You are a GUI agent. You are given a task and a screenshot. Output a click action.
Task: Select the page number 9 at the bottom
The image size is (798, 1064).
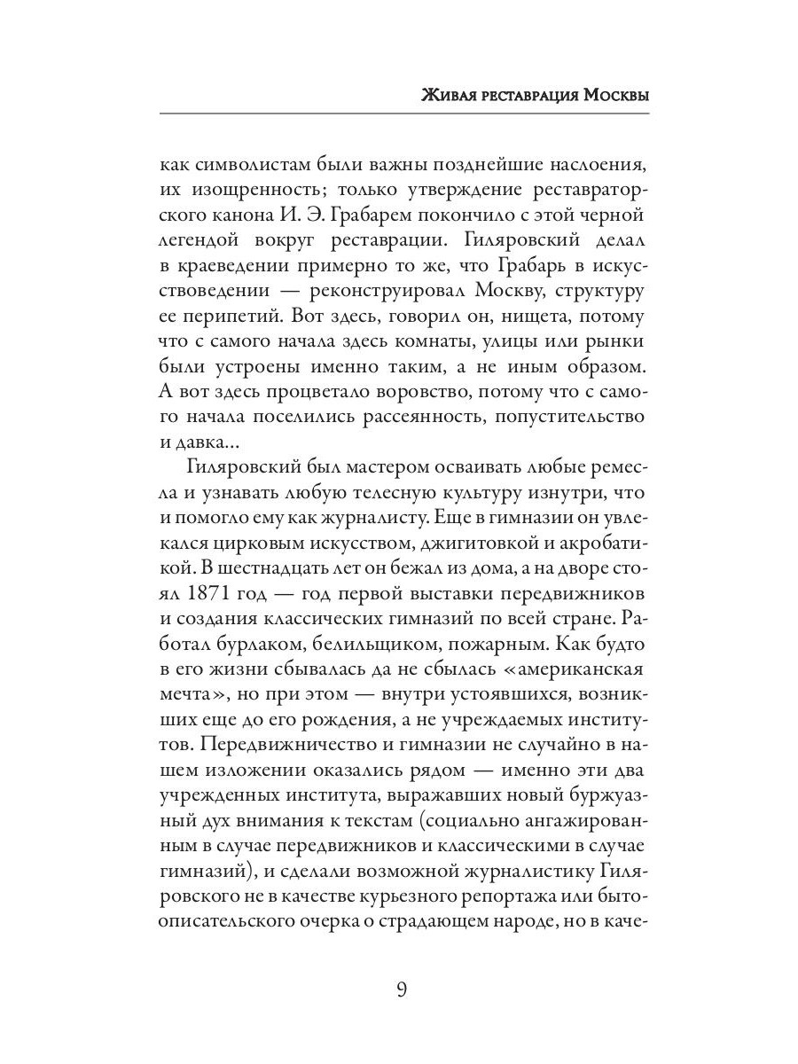(x=401, y=989)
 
